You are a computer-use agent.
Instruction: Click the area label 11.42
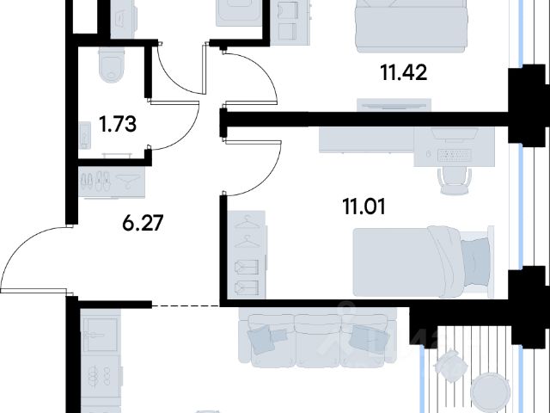(x=404, y=73)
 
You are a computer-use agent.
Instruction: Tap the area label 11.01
(x=364, y=206)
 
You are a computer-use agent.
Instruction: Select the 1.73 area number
(x=118, y=124)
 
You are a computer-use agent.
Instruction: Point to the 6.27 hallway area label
(x=143, y=223)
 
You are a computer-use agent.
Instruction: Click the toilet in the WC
(x=112, y=65)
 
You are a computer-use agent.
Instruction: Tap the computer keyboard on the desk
(x=455, y=155)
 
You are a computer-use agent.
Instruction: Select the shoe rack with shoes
(x=112, y=182)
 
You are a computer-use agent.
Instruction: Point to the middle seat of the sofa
(x=317, y=339)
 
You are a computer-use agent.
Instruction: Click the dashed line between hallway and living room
(x=186, y=306)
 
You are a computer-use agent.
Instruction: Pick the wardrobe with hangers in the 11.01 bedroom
(x=247, y=255)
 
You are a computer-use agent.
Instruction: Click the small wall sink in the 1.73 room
(x=84, y=135)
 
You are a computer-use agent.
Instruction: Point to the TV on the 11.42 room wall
(x=394, y=105)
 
